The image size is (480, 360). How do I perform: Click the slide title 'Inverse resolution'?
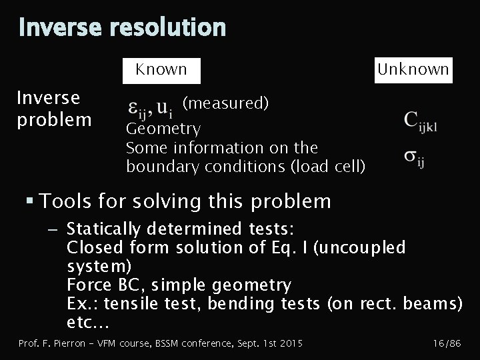point(122,28)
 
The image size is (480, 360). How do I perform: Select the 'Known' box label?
point(161,69)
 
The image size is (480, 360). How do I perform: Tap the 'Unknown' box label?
point(413,69)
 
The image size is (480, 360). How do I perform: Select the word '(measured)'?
point(225,103)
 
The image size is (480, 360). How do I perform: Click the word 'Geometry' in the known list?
point(163,128)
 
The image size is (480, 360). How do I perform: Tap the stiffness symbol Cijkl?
point(420,121)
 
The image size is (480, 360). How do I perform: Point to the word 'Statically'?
point(103,229)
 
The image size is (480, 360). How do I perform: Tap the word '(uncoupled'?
point(359,247)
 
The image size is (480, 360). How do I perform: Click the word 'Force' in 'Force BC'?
point(87,285)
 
